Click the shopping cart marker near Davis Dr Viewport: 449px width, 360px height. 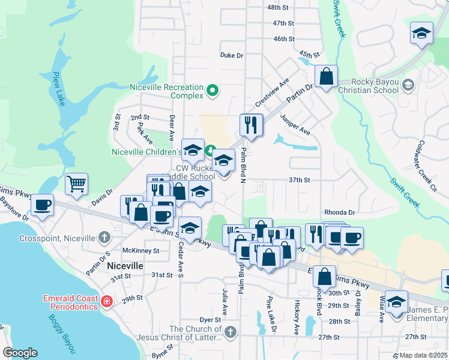pos(77,184)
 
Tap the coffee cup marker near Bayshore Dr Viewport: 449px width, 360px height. pos(43,205)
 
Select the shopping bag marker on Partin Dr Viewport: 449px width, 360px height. pos(326,76)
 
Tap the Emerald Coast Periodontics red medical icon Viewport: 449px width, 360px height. pos(106,301)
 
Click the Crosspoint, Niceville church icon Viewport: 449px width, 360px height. pos(104,236)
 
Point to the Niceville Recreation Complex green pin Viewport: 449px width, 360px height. pos(211,91)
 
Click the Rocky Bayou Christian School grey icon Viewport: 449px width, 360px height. pos(409,83)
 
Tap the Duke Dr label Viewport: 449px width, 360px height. pos(231,55)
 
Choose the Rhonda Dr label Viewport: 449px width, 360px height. pos(340,212)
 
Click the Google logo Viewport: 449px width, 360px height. pos(20,353)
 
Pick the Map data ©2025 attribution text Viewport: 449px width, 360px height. pos(424,355)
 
